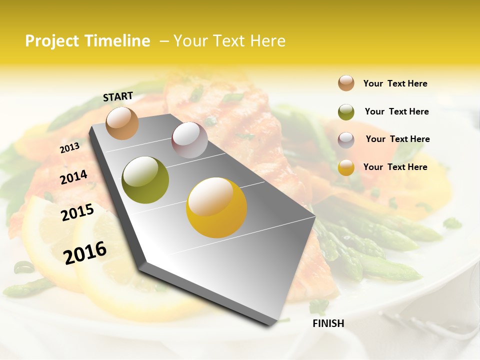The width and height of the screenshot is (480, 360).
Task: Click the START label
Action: [x=118, y=96]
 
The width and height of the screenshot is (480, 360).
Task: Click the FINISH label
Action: [x=328, y=323]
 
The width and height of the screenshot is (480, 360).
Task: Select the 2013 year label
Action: [x=69, y=148]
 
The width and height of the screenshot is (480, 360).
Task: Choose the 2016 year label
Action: [x=85, y=252]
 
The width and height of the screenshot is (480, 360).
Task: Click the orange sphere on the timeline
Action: [x=122, y=123]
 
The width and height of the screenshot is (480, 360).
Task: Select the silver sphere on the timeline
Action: [x=189, y=140]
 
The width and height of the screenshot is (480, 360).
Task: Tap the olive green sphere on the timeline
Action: [x=145, y=180]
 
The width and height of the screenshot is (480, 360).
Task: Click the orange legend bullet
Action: [x=346, y=83]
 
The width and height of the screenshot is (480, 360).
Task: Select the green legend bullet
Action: [x=346, y=112]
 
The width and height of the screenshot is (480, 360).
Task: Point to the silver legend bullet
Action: [x=346, y=140]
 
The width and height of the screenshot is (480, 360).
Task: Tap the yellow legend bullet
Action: [x=346, y=167]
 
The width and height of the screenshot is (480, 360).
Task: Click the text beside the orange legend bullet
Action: [x=395, y=83]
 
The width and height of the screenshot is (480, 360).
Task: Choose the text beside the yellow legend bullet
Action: [x=395, y=167]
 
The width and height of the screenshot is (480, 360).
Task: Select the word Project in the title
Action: [x=52, y=41]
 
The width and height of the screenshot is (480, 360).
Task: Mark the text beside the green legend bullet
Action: [x=396, y=111]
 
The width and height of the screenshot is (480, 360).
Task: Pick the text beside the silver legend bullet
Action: [x=397, y=139]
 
